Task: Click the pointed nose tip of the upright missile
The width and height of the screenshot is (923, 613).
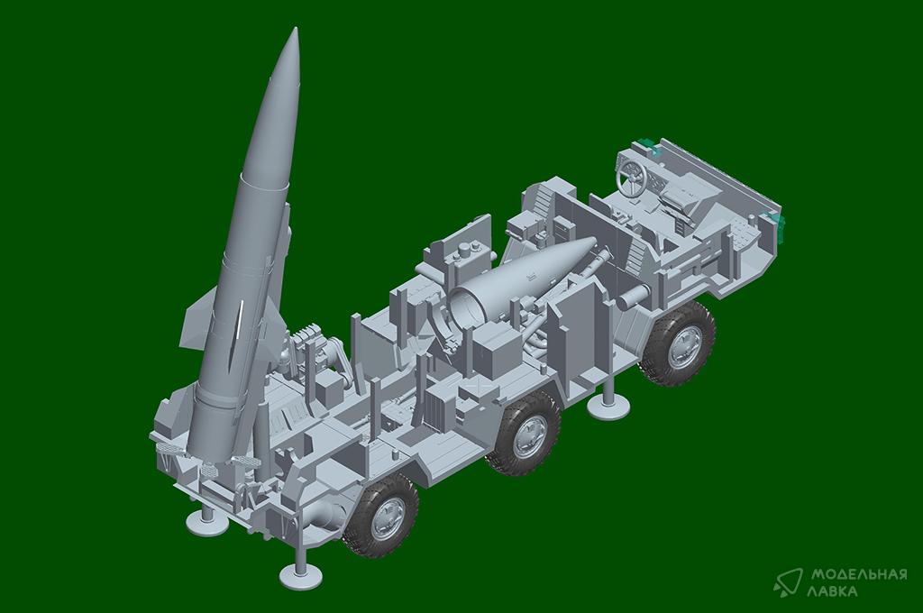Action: (295, 28)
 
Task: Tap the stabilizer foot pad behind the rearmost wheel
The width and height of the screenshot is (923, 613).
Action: (300, 572)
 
